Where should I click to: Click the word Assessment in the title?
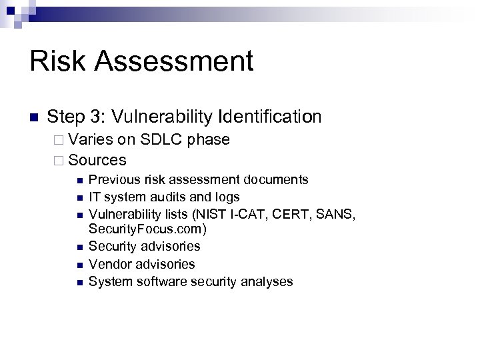[x=175, y=62]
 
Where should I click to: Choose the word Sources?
[x=97, y=160]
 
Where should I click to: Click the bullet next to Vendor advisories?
[x=79, y=265]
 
